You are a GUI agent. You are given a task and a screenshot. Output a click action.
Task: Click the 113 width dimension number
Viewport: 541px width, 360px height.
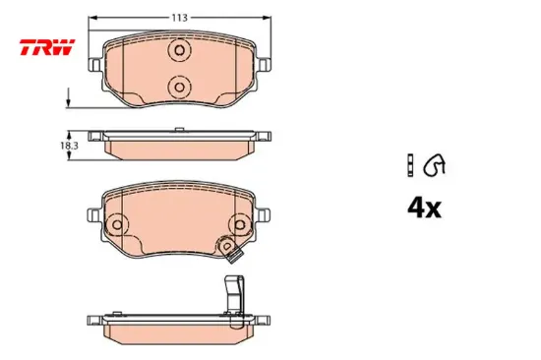pos(180,18)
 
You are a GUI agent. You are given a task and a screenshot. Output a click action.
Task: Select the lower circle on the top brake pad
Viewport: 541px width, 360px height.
pos(179,87)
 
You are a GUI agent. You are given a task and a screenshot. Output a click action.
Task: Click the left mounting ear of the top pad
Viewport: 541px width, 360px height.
pos(93,65)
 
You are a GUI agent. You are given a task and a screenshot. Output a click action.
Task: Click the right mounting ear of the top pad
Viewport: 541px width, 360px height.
pos(266,65)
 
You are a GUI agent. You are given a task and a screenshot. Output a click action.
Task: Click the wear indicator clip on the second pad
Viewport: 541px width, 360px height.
pos(234,257)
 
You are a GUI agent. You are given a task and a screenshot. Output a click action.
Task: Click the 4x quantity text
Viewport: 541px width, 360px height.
pos(424,208)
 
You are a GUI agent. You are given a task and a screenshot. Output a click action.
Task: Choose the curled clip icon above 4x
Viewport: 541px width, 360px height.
pos(433,163)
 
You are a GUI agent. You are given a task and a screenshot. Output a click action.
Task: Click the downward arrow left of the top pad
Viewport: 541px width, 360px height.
pos(69,99)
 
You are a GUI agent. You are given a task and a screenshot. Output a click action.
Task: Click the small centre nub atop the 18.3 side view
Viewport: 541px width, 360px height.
pos(180,130)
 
